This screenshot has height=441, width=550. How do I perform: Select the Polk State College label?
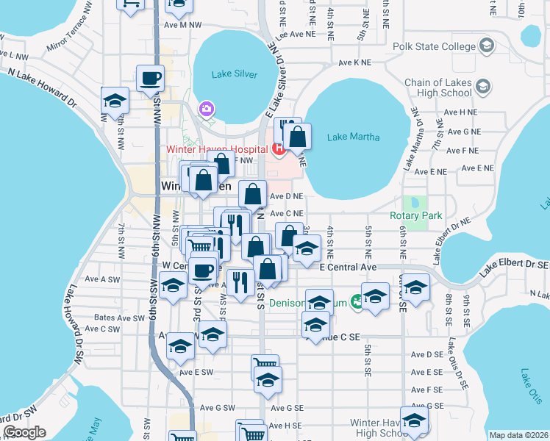433,47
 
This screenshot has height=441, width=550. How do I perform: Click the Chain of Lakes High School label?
438,87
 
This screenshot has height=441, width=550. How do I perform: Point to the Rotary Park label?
416,216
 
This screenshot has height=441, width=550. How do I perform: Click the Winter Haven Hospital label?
216,148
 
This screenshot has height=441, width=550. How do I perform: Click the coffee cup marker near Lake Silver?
150,78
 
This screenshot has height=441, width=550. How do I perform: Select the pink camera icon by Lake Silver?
206,110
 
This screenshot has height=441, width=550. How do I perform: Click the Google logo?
25,432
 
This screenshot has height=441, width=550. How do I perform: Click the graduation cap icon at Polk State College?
485,47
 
